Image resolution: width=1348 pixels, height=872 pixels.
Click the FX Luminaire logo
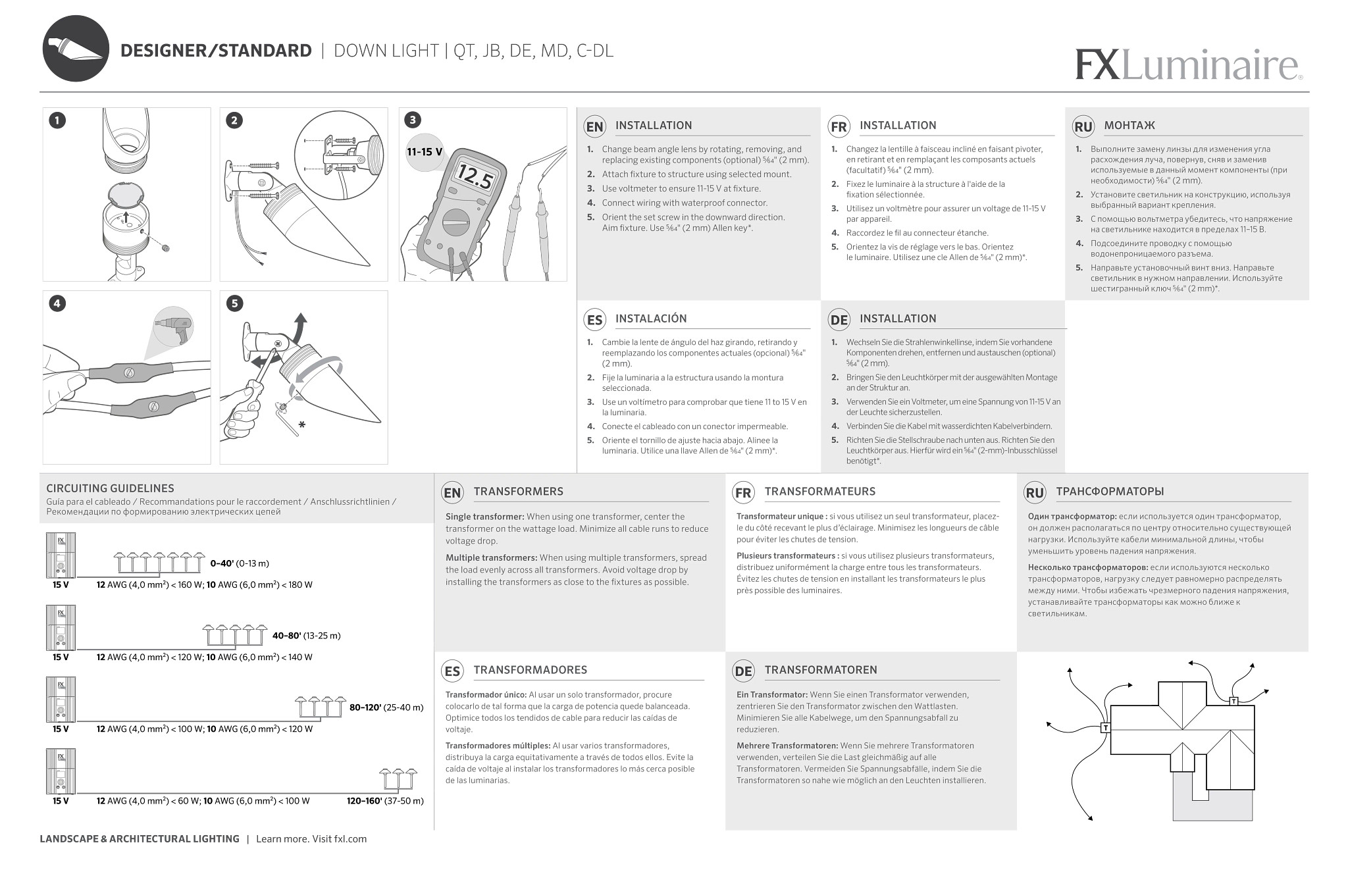pos(1188,64)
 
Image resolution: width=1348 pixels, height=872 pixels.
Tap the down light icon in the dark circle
pos(76,49)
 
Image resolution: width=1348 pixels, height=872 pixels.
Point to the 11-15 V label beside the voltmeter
pos(425,152)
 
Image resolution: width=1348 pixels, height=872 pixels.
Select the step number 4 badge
pos(57,303)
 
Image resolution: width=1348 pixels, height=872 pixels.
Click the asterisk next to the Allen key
pos(302,426)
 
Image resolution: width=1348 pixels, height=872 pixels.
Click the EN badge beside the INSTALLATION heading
pos(594,127)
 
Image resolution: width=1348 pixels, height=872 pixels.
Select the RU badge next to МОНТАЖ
pos(1083,127)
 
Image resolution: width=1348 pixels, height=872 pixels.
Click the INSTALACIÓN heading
pos(650,319)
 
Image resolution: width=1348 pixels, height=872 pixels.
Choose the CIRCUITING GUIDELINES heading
pos(110,488)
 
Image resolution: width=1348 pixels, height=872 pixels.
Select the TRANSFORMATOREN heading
pos(820,670)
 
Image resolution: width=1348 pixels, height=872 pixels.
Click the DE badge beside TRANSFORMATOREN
pos(743,671)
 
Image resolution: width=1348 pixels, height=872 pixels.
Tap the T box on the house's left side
pos(1105,728)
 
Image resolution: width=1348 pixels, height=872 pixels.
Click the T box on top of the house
pos(1233,702)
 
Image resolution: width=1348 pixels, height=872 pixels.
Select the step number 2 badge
pos(234,120)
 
